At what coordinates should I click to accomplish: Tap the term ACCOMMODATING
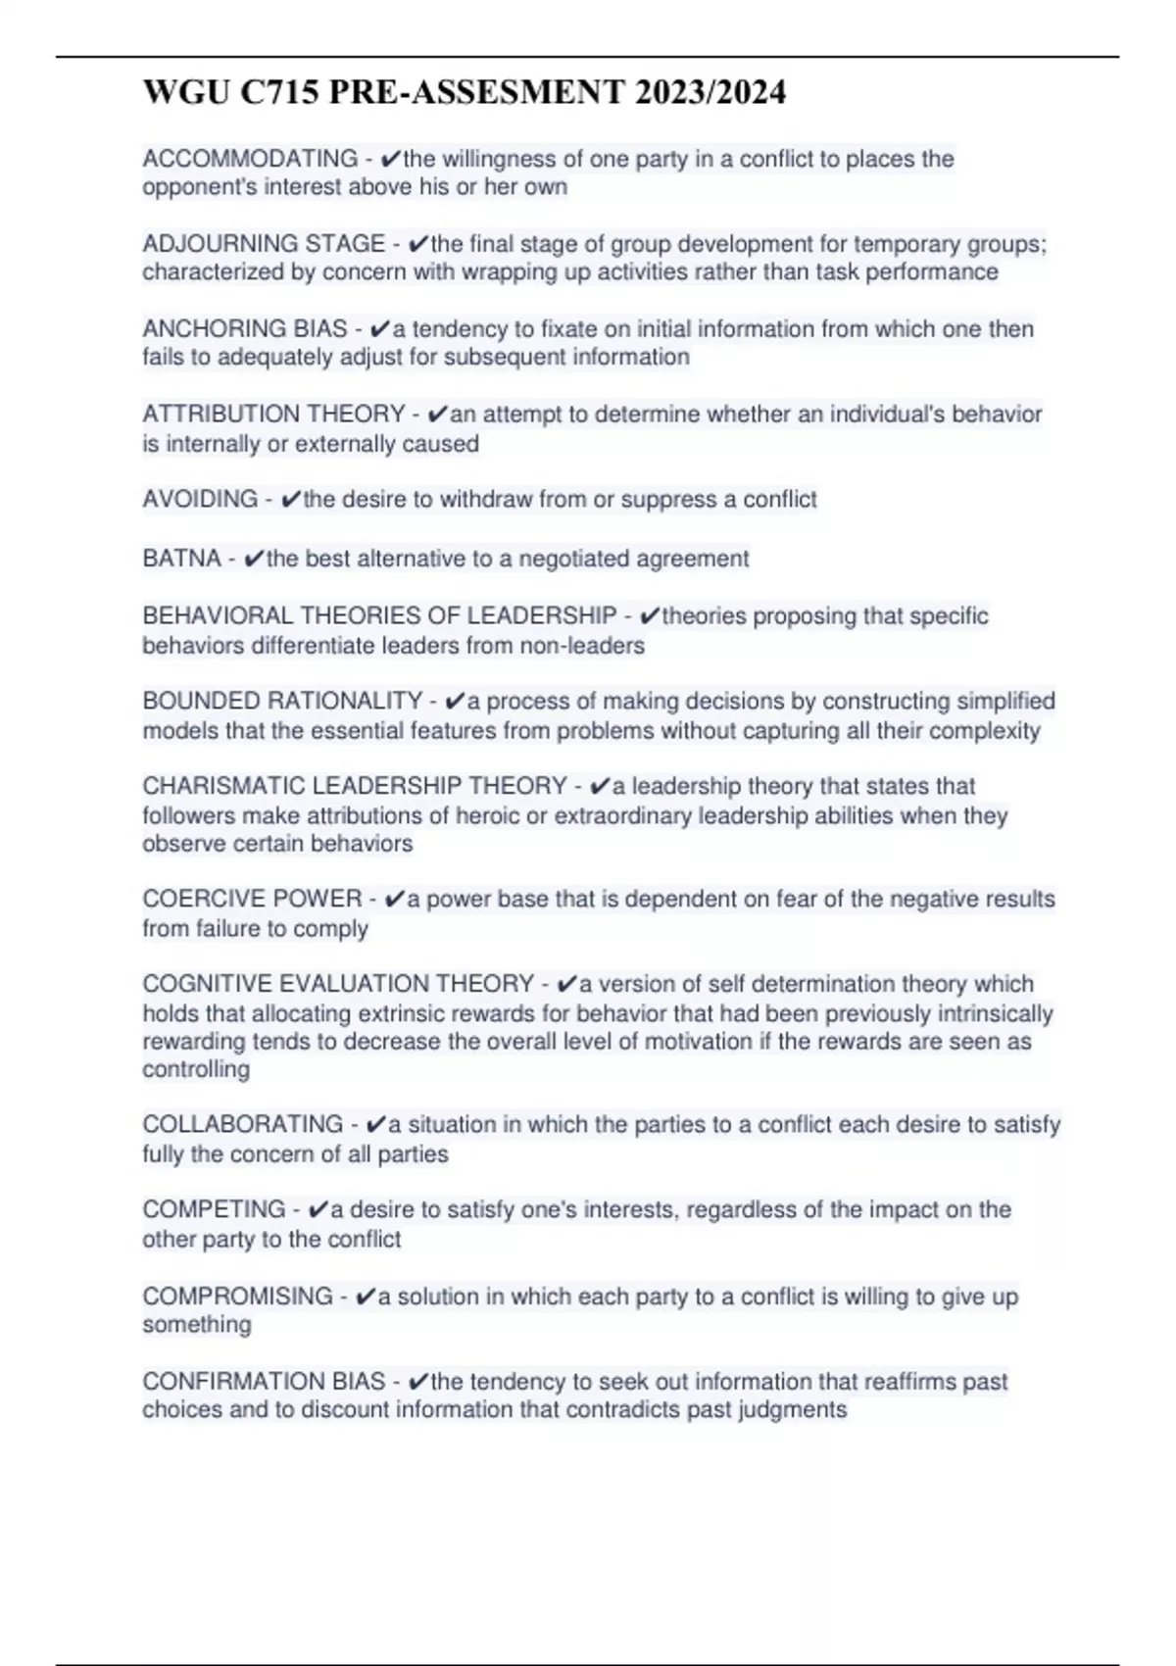250,159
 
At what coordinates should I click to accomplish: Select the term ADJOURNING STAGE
264,244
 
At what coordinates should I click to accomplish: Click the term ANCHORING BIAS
244,329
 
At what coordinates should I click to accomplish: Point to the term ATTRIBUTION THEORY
273,415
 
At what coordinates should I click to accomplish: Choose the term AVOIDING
200,500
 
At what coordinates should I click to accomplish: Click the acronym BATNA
181,559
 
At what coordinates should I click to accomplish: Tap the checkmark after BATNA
253,560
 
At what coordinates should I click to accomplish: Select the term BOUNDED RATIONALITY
282,702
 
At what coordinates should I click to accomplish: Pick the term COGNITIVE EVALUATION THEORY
338,984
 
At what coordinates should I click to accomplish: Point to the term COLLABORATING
242,1124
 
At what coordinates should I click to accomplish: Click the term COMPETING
214,1209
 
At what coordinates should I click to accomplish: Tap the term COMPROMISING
237,1297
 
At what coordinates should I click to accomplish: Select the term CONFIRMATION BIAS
264,1382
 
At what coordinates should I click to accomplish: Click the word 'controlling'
196,1069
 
